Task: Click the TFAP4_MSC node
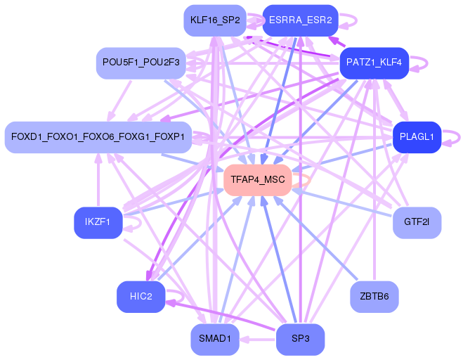point(258,180)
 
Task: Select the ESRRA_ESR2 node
point(300,20)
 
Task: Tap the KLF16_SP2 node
point(214,20)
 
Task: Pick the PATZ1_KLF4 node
point(374,63)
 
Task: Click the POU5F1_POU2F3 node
point(141,63)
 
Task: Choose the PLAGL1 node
point(417,136)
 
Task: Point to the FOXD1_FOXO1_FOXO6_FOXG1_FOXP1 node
point(98,136)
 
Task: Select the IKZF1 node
point(98,223)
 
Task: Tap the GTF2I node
point(417,223)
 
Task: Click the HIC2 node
point(141,296)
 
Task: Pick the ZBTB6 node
point(374,296)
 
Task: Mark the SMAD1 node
point(214,339)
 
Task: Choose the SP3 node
point(300,339)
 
